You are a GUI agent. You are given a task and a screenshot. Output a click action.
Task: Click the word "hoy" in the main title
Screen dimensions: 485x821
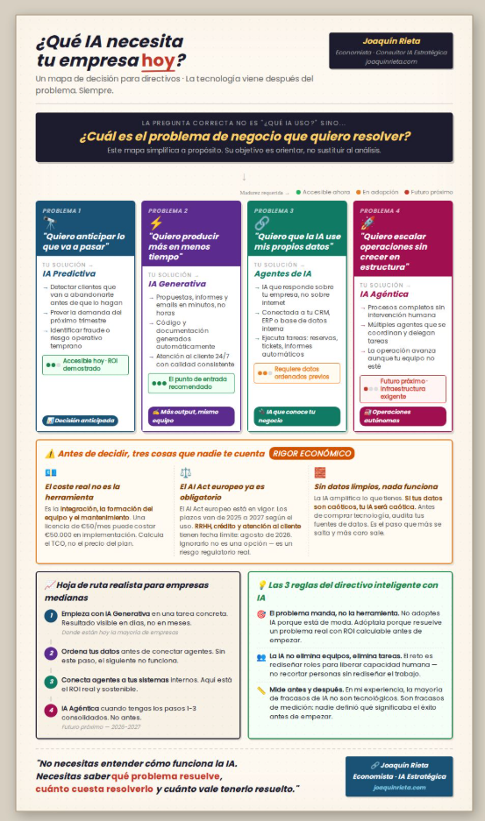pos(157,60)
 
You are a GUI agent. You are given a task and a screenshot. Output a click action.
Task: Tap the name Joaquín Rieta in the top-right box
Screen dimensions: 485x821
pos(390,41)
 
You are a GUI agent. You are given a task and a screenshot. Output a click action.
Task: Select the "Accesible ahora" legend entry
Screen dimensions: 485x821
pos(324,191)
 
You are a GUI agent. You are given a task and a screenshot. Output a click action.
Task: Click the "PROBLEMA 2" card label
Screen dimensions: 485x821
pos(168,211)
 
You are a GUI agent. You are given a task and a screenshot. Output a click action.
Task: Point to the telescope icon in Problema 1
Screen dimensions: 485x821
pos(49,223)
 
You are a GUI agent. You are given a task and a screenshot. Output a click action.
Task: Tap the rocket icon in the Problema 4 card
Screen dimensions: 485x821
pos(367,223)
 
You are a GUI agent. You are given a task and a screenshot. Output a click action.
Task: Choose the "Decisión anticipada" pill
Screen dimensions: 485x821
pos(81,420)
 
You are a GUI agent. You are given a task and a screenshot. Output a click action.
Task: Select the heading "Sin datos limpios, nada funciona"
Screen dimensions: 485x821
pos(364,486)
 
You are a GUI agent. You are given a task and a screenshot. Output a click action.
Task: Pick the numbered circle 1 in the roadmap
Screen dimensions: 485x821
pos(51,616)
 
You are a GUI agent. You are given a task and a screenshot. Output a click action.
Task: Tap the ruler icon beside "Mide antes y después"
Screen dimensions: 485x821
pos(261,690)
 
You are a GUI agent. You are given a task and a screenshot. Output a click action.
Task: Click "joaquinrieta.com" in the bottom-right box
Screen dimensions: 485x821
pos(399,787)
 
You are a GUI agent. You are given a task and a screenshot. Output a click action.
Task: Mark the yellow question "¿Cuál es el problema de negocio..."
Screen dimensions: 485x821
pos(245,137)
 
